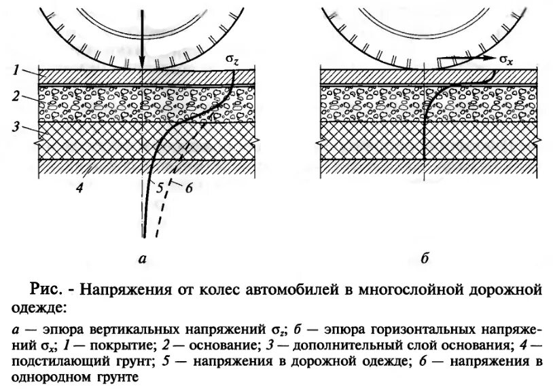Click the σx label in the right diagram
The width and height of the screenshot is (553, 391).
click(506, 60)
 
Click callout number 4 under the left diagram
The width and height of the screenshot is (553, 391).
click(79, 188)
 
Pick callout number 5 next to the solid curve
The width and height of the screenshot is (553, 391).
click(159, 189)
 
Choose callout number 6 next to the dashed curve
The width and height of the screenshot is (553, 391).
click(189, 189)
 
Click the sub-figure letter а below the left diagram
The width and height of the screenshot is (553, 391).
click(141, 258)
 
